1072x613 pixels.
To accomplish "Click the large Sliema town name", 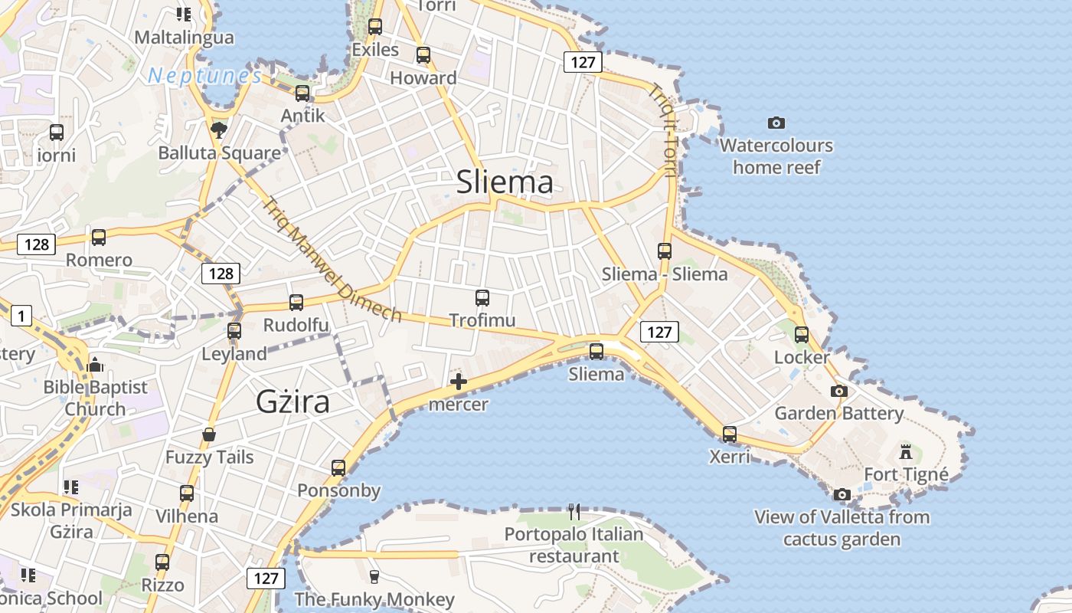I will tap(505, 182).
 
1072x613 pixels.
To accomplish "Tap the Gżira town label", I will tap(293, 402).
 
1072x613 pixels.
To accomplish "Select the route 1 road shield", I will tap(21, 315).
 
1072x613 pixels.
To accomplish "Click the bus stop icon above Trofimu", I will tap(482, 298).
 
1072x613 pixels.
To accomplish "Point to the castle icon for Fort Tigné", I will tap(906, 451).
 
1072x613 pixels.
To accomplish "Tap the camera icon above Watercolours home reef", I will tap(776, 123).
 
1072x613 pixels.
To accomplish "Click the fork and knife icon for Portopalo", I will tap(574, 511).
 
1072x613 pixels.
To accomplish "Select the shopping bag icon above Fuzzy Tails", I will tap(209, 435).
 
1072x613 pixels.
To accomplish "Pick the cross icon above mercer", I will tap(459, 381).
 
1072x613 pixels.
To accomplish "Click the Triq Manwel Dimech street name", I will tap(332, 261).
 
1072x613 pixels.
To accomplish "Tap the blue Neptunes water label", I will tap(204, 76).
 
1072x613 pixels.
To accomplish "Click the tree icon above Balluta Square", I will tap(219, 129).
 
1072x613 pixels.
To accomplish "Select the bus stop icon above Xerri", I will tap(730, 434).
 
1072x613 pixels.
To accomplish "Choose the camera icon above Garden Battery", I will tap(839, 391).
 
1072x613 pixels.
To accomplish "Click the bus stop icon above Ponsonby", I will tap(338, 467).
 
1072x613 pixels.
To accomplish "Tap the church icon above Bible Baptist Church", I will tap(95, 364).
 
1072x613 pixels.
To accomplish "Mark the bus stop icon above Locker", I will tap(802, 335).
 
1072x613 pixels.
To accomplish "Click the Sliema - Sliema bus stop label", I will tap(665, 274).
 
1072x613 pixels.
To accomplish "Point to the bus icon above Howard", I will tap(423, 55).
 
